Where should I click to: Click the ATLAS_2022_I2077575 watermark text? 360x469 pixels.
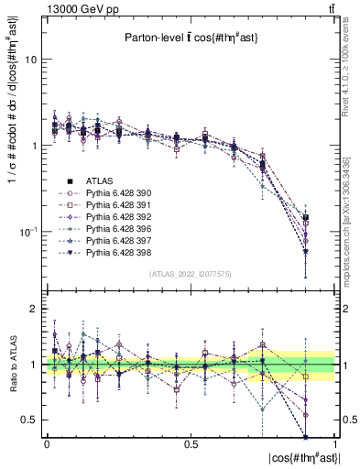click(x=191, y=275)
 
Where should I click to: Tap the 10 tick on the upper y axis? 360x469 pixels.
click(x=30, y=60)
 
